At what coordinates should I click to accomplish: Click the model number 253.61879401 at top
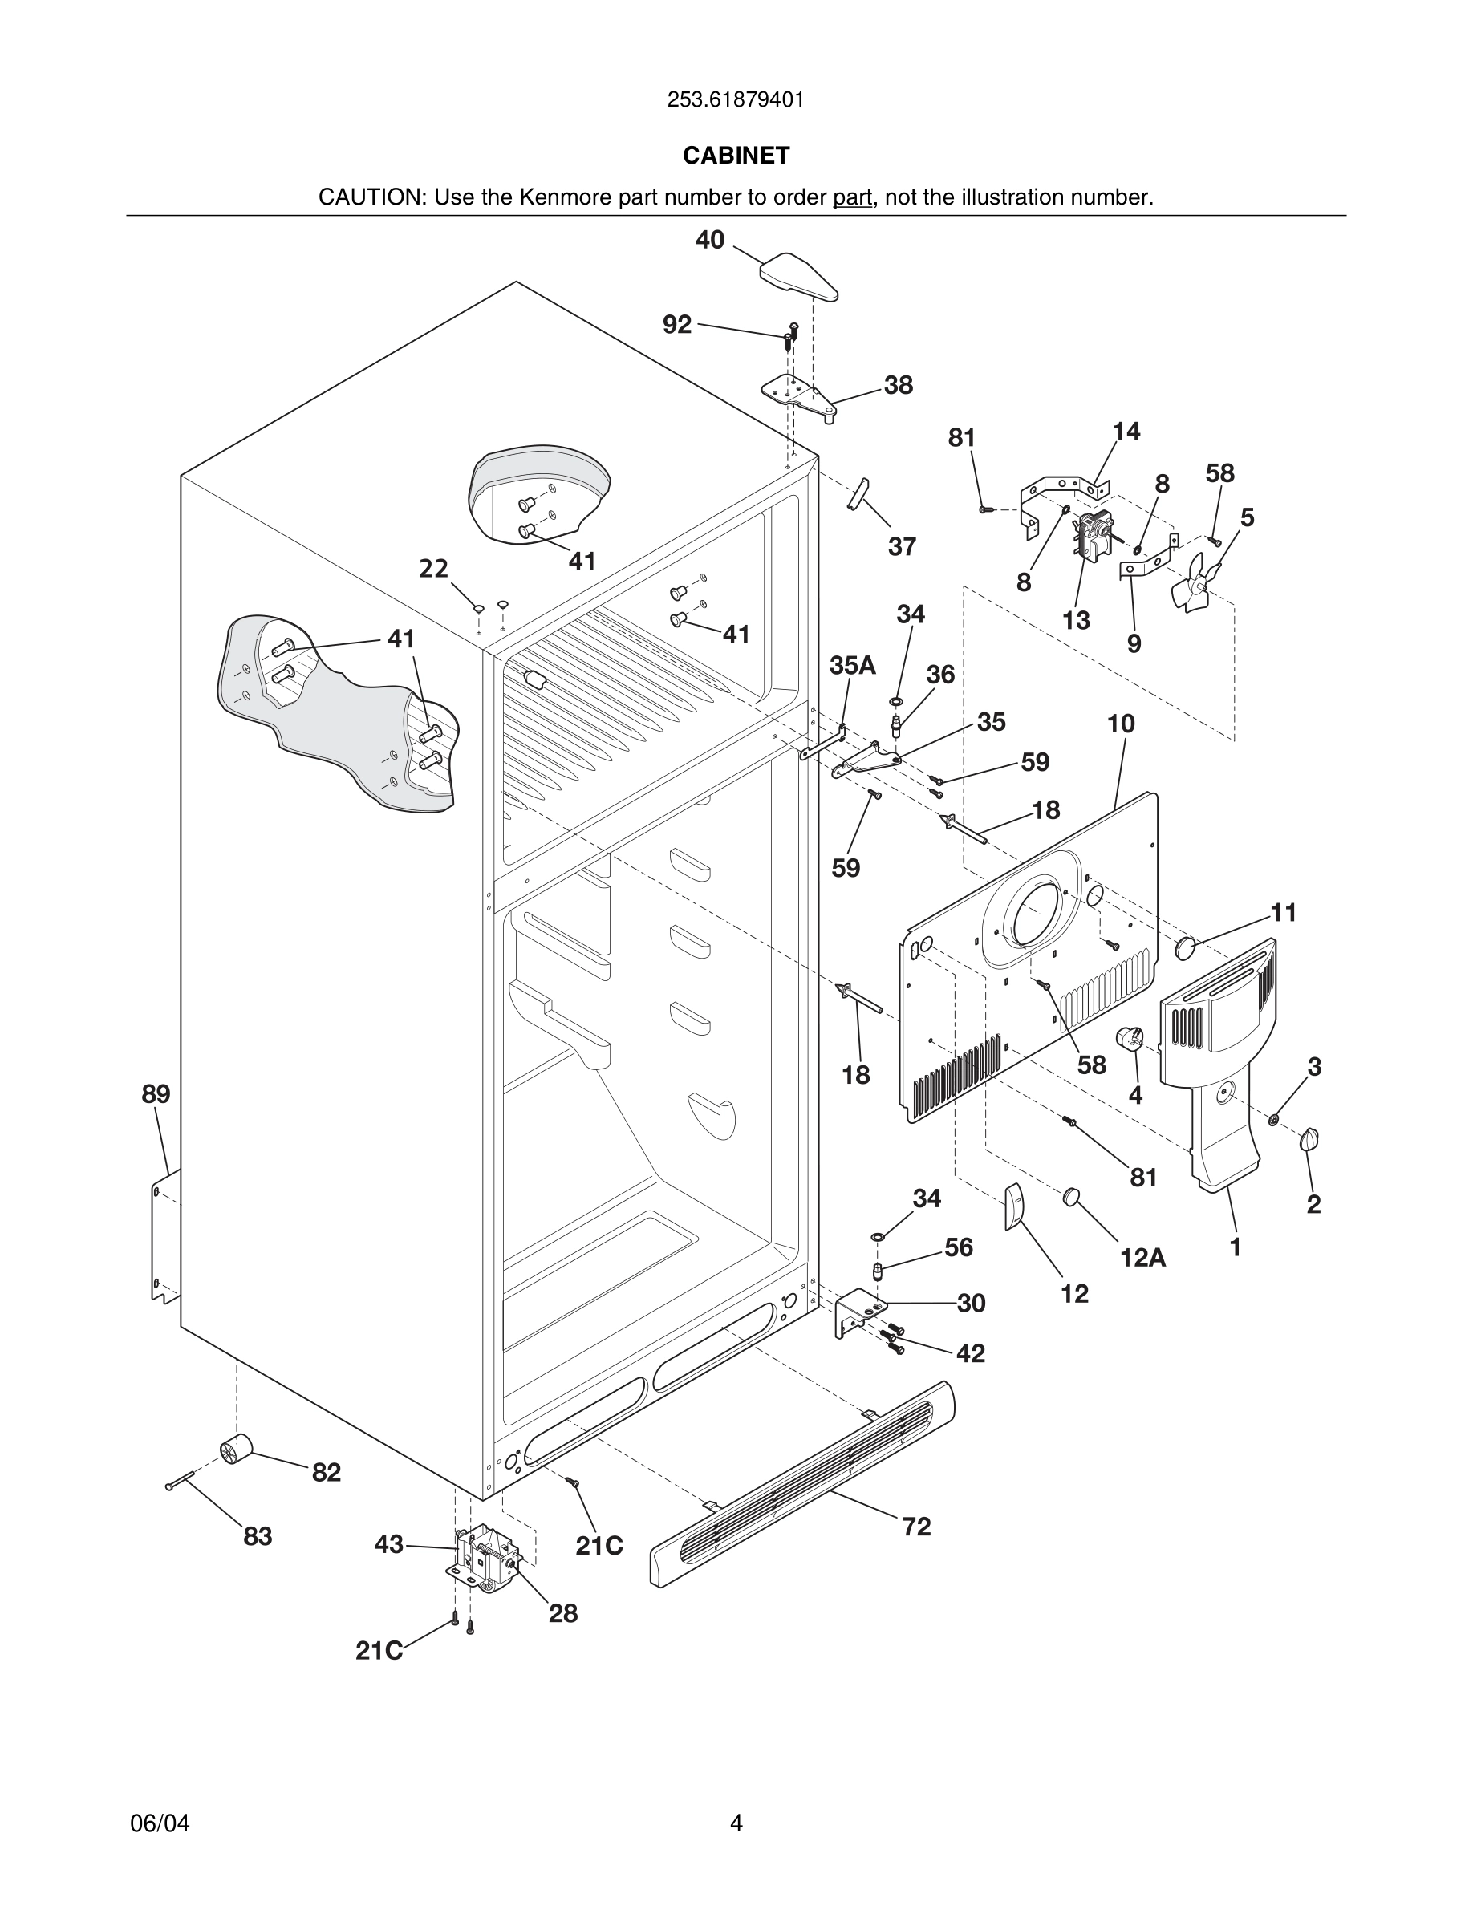736,100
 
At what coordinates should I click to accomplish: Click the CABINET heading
736,156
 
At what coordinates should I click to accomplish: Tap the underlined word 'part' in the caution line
852,197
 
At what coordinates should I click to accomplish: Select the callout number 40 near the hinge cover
709,240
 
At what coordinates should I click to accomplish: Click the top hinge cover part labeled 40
798,276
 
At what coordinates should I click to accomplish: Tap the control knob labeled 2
1309,1139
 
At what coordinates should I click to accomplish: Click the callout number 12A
1142,1258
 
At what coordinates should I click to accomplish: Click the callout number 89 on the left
156,1093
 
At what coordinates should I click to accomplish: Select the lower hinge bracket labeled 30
858,1312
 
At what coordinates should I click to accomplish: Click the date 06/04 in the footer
160,1823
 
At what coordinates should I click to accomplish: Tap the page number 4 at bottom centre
736,1823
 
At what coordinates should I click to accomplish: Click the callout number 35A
852,666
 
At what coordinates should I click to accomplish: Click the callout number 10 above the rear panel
1121,724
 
